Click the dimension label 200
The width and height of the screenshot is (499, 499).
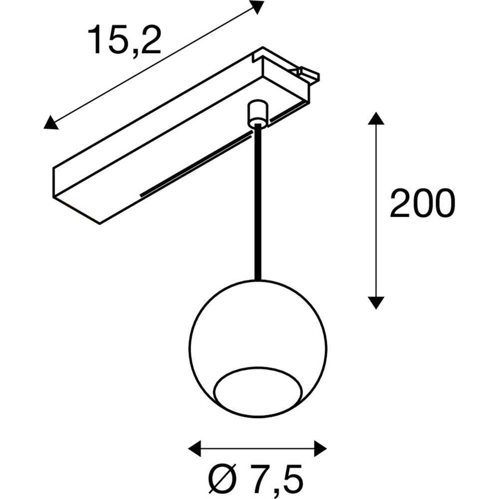(x=422, y=203)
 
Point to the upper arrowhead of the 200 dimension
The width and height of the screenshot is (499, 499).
(x=376, y=119)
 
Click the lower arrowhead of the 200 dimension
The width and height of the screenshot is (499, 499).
(x=376, y=302)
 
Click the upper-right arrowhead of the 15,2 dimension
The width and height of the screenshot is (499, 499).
(x=256, y=7)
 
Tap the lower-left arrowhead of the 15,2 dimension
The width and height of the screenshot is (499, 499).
(x=50, y=122)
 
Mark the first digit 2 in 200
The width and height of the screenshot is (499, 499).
(x=401, y=203)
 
